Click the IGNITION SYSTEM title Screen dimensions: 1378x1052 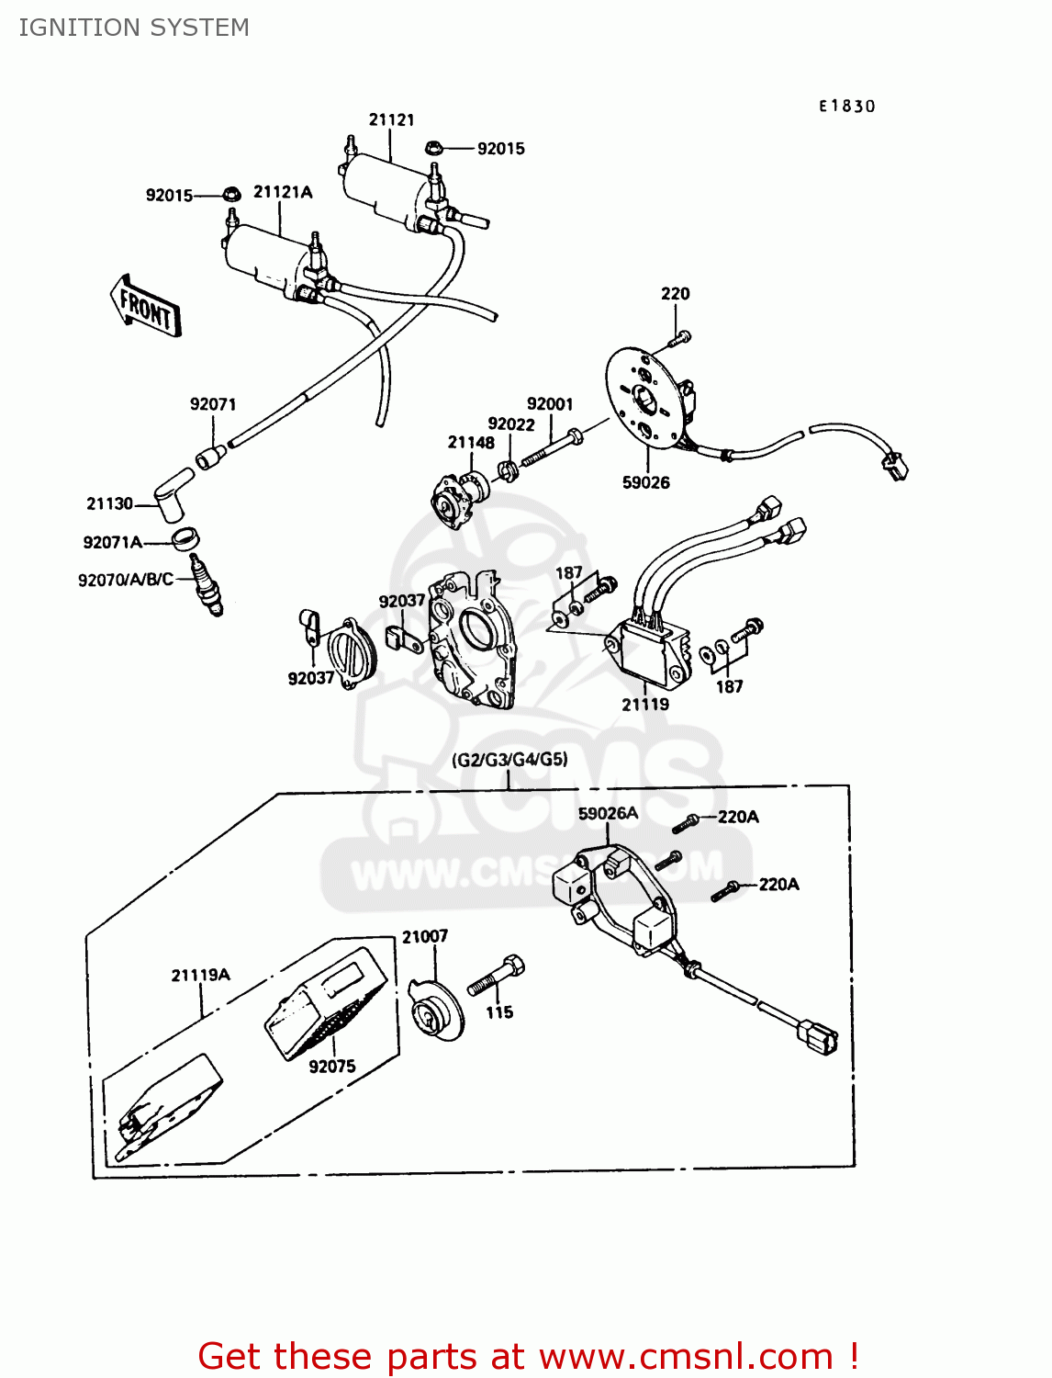[134, 28]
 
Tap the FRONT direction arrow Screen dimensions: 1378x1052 [146, 306]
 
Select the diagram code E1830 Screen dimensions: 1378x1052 [846, 107]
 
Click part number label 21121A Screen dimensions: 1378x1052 [283, 192]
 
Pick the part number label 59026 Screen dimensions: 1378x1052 [645, 482]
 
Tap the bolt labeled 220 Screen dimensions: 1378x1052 [680, 338]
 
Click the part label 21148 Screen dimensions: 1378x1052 [471, 442]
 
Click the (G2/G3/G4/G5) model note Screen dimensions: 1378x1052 [509, 760]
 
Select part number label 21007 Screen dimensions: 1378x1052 [424, 936]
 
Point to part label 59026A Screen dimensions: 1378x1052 [608, 813]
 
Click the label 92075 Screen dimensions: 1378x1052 [331, 1066]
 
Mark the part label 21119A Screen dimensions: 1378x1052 [200, 975]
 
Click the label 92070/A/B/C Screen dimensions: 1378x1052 [126, 580]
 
